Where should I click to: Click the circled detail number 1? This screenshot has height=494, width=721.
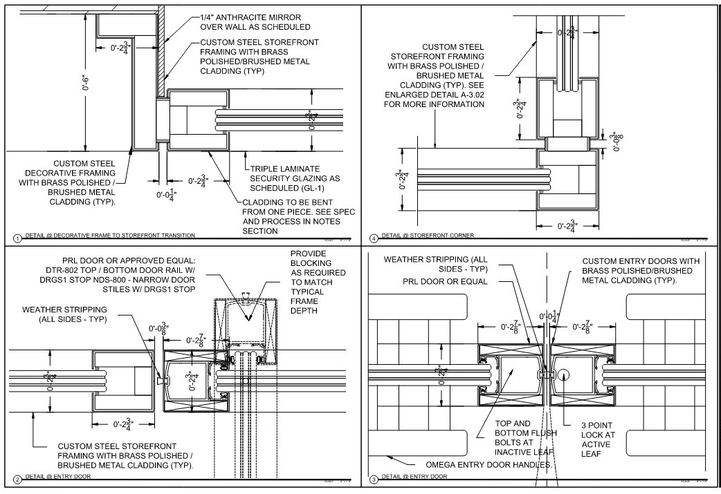[x=17, y=238]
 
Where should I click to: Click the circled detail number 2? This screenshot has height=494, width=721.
[x=17, y=478]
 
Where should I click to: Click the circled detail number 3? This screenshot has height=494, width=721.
[x=374, y=478]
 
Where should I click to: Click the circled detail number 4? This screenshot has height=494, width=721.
[x=374, y=238]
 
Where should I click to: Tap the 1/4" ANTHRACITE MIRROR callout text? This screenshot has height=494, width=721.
[x=255, y=21]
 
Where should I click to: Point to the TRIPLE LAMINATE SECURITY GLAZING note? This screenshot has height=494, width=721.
[x=295, y=178]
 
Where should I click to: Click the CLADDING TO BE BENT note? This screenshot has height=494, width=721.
[x=298, y=216]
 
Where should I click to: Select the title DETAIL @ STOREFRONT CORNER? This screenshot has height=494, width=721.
[x=428, y=236]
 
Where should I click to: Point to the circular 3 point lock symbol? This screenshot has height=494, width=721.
[x=563, y=375]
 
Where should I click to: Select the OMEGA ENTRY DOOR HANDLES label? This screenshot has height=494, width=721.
[x=489, y=464]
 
